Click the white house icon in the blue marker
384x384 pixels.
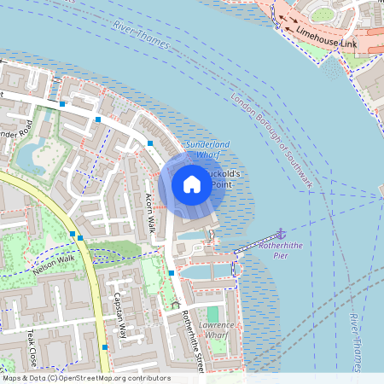pyautogui.click(x=192, y=183)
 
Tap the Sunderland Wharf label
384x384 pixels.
pyautogui.click(x=207, y=150)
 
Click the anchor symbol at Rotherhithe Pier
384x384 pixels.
pyautogui.click(x=280, y=232)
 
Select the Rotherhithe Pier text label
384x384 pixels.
pyautogui.click(x=281, y=249)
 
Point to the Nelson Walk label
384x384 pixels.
pyautogui.click(x=54, y=266)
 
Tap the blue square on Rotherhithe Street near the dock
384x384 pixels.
pyautogui.click(x=172, y=272)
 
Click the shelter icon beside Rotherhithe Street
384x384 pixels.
pyautogui.click(x=176, y=304)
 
